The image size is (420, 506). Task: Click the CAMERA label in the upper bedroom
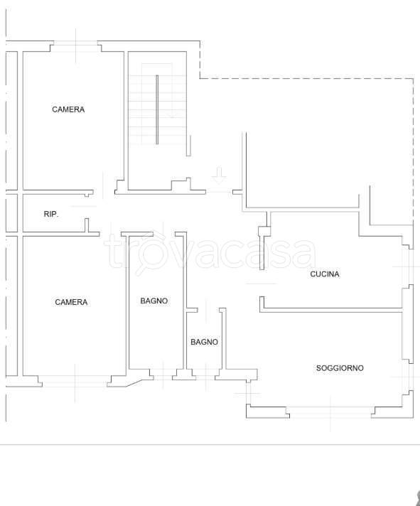coord(68,109)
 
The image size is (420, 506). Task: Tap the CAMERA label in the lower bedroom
coord(71,302)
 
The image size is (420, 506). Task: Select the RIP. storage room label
coord(51,214)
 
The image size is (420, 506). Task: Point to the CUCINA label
coord(325,274)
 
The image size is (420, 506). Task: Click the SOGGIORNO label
coord(340,368)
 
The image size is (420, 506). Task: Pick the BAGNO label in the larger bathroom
coord(154,301)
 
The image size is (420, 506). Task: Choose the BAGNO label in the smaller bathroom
coord(204,342)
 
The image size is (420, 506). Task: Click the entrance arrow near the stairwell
coord(219,176)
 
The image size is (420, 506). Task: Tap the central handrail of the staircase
coord(157,109)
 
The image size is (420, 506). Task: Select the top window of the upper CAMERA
coord(75,46)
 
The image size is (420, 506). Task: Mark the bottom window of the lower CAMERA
coord(75,381)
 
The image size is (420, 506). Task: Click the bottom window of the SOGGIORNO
coord(330,412)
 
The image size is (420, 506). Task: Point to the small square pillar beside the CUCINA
coord(264,232)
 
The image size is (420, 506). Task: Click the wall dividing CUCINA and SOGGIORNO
coord(331,310)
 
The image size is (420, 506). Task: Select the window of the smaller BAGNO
coord(205,376)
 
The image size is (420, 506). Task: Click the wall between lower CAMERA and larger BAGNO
coord(127,303)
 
